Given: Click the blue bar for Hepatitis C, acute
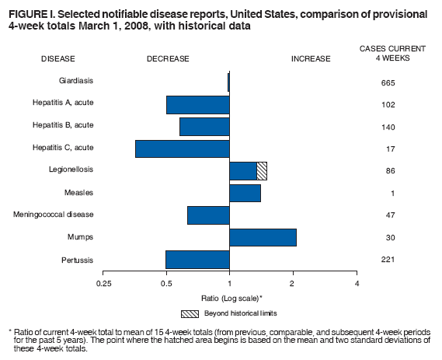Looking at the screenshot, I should point(183,149).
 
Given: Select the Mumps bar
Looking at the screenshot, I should point(263,237).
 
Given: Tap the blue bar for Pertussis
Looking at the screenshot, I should point(197,260).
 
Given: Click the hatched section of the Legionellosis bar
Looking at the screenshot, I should point(262,171).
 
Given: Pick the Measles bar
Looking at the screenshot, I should point(245,193).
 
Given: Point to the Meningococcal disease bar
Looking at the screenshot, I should point(208,215).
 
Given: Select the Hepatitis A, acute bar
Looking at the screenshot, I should point(197,104).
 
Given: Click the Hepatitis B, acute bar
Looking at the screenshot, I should point(204,127).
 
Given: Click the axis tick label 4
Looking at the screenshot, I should point(357,284).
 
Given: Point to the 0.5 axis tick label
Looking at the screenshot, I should point(165,284).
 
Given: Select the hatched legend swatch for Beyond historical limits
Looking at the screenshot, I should point(191,313).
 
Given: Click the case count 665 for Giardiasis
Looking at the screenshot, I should point(388,82).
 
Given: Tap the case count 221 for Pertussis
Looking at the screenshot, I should point(388,259).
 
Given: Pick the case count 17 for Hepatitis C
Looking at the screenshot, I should point(388,149).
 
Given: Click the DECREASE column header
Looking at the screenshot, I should point(167,58).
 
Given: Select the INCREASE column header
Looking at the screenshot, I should point(311,58).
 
